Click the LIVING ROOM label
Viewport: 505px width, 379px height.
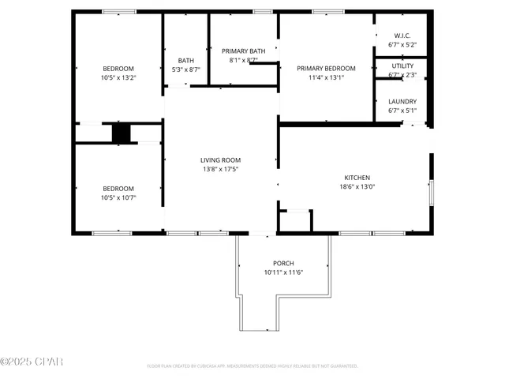coord(220,160)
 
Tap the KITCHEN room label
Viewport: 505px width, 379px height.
coord(357,178)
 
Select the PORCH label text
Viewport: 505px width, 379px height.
coord(283,263)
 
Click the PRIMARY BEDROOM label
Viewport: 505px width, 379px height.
coord(326,69)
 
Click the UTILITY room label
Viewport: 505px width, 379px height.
coord(402,66)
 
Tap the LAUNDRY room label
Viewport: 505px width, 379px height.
coord(402,102)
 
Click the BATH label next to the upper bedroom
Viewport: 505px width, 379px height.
coord(186,61)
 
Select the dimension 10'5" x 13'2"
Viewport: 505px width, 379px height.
coord(118,77)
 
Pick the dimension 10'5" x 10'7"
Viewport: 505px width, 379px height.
coord(118,197)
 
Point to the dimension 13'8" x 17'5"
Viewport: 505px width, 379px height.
coord(220,169)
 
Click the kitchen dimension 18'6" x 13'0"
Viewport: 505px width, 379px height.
coord(357,187)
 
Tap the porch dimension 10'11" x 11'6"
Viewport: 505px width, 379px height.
coord(283,272)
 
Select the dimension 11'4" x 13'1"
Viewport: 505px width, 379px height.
coord(326,77)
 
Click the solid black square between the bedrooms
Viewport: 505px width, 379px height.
coord(120,133)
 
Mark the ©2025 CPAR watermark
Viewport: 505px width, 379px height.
coord(32,362)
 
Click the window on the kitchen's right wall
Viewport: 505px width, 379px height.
coord(431,192)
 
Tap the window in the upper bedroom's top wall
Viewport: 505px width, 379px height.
coord(118,12)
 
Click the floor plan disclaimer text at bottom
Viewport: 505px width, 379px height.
coord(252,366)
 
